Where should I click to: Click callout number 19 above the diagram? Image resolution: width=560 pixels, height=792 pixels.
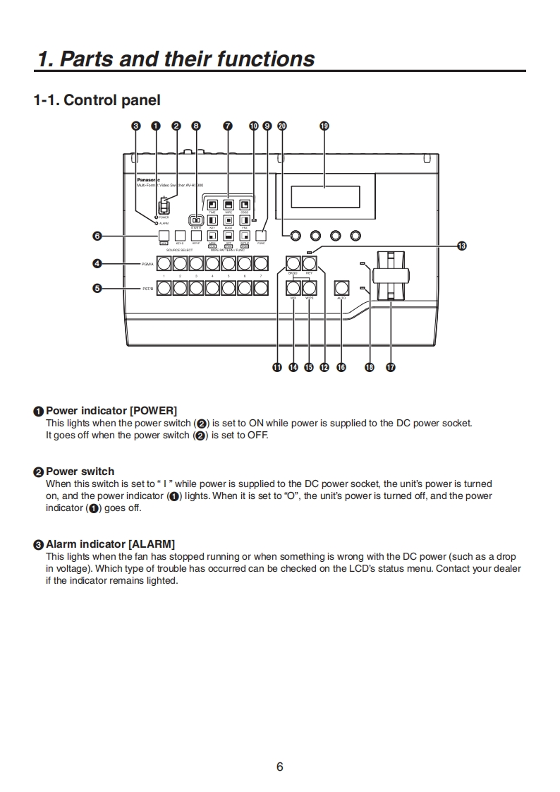pyautogui.click(x=324, y=126)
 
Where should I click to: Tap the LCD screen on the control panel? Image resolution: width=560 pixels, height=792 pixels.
pyautogui.click(x=325, y=196)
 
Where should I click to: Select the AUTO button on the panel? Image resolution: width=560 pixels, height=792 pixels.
pyautogui.click(x=342, y=287)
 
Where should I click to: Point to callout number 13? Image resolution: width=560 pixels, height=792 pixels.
pyautogui.click(x=461, y=246)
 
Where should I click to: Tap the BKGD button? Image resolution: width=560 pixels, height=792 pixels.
pyautogui.click(x=293, y=265)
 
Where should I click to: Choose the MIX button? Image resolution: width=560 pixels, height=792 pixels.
pyautogui.click(x=293, y=287)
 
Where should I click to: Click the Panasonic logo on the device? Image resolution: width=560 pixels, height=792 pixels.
pyautogui.click(x=148, y=181)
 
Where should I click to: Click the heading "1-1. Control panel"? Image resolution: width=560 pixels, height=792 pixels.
pyautogui.click(x=97, y=100)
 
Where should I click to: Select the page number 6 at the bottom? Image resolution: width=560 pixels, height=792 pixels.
pyautogui.click(x=280, y=767)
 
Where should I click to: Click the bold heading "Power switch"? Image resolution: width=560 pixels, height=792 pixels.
pyautogui.click(x=80, y=472)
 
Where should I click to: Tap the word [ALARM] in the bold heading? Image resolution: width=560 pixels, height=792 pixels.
pyautogui.click(x=152, y=544)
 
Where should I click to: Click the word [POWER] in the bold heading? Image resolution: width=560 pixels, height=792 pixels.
pyautogui.click(x=154, y=411)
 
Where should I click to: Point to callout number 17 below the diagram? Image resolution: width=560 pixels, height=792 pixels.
pyautogui.click(x=390, y=367)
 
